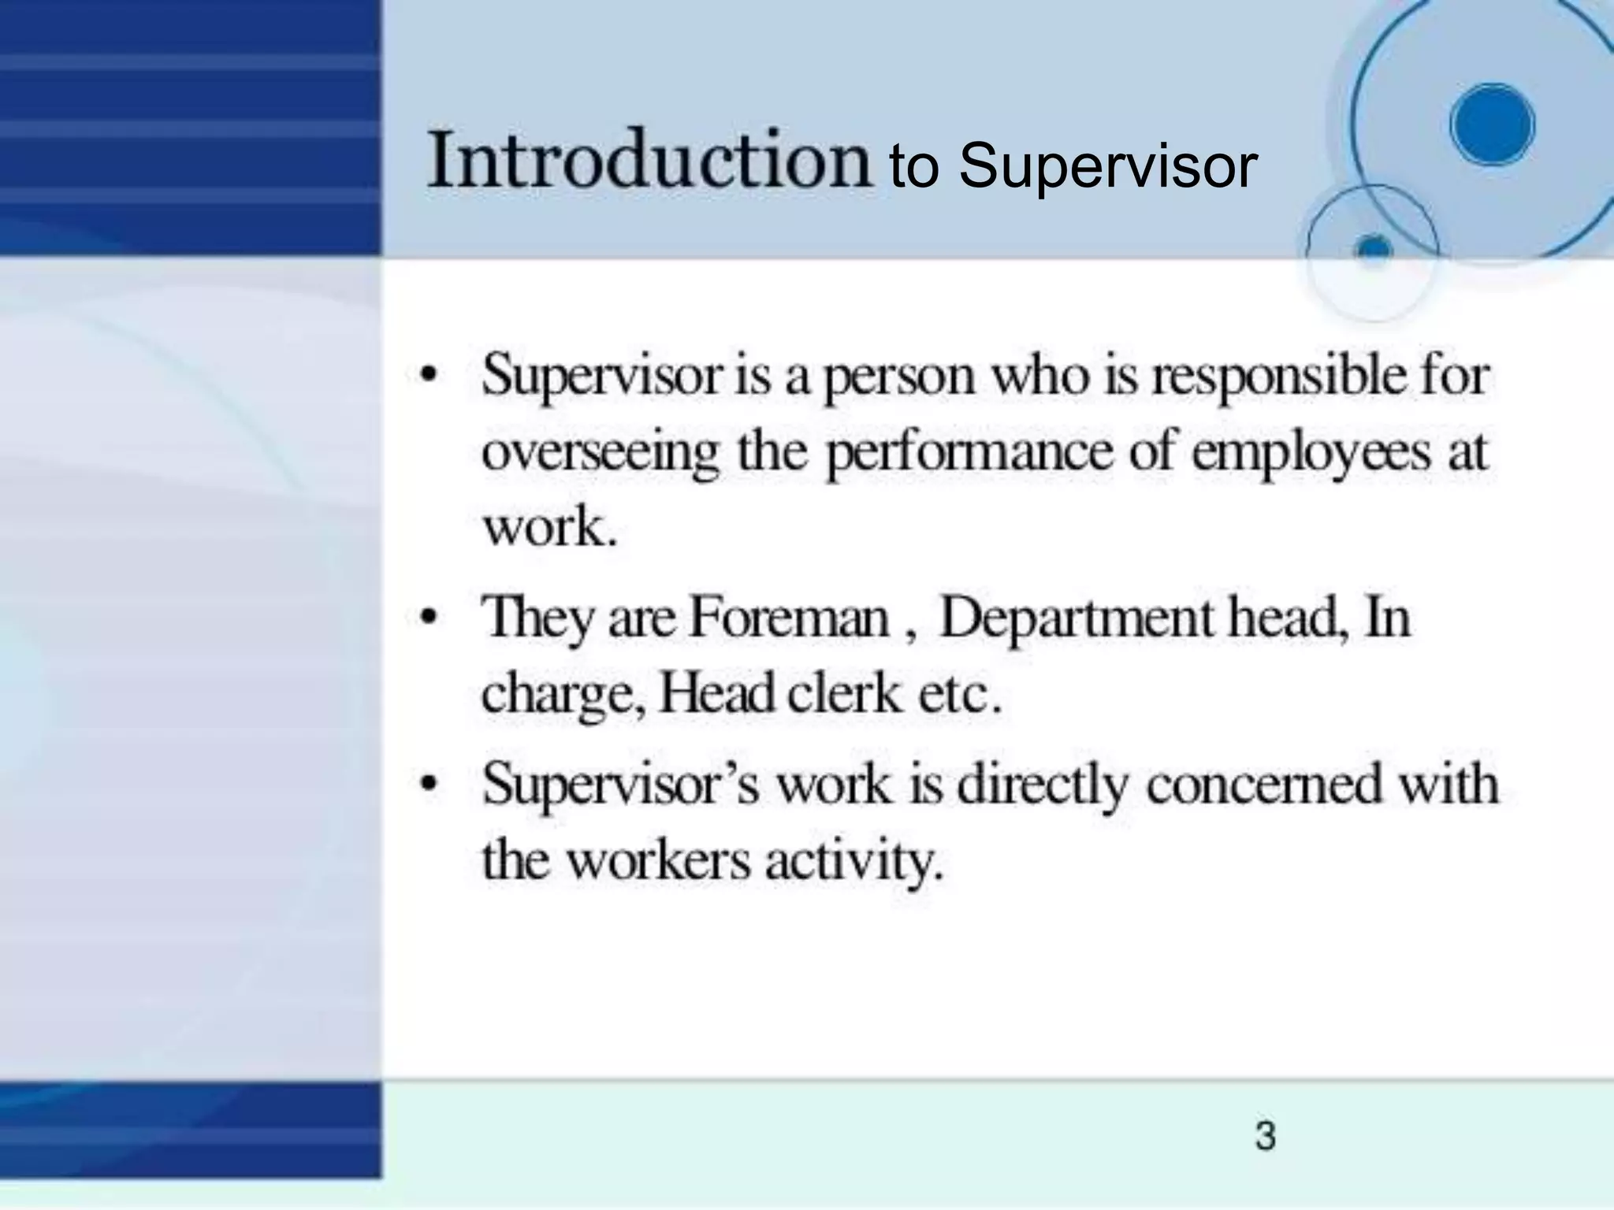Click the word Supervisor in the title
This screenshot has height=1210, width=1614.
(1107, 166)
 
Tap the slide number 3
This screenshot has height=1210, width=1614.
(1265, 1136)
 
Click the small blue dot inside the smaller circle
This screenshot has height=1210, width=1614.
(1374, 249)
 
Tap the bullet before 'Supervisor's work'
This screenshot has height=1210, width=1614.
(428, 785)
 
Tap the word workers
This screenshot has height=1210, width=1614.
(659, 860)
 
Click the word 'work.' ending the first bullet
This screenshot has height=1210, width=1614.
(549, 527)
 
